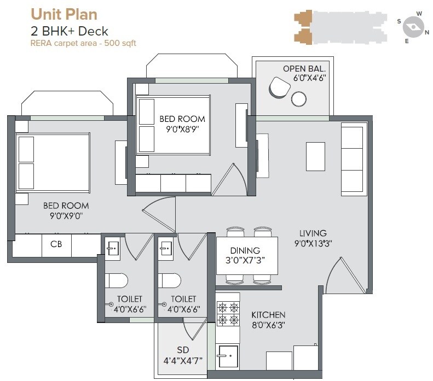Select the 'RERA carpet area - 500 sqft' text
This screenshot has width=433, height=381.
[x=83, y=43]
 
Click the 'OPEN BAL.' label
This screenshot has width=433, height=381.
[x=304, y=69]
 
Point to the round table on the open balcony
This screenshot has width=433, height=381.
[x=299, y=98]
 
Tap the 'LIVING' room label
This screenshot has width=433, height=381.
[x=313, y=233]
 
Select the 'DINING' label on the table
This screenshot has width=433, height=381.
[x=245, y=250]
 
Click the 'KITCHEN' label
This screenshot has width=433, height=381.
[x=268, y=315]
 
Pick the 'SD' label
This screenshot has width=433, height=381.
[x=182, y=350]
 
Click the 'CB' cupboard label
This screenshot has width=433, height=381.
[x=56, y=244]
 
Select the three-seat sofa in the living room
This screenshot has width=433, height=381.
[x=352, y=159]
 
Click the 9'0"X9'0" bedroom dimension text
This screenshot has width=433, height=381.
[x=66, y=216]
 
